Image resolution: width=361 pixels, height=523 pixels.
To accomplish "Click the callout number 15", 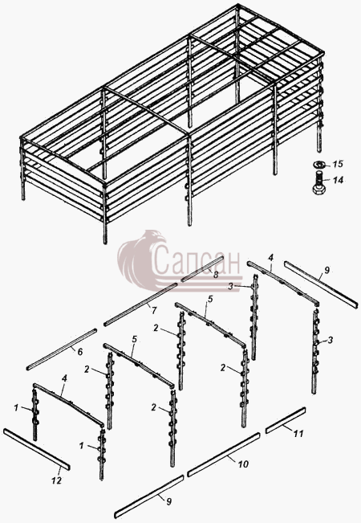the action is point(338,165).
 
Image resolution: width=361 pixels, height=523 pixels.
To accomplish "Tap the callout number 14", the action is point(338,181).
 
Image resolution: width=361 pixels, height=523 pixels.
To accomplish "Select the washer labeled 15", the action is point(320,165).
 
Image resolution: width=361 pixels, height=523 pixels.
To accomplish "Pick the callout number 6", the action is point(80,352).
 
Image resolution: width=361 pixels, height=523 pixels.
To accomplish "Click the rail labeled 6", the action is point(62,349).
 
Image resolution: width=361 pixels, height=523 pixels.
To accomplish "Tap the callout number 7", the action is point(153,311).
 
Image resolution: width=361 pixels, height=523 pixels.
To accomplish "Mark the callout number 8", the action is point(216,275).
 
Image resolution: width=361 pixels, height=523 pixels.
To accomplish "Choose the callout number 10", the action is point(243,464).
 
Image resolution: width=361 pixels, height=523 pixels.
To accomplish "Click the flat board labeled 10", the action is point(224,455).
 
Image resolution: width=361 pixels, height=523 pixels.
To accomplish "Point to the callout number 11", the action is point(298,433).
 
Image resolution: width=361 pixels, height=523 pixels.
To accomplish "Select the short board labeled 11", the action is point(286,420).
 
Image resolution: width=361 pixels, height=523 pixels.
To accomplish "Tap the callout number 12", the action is point(56,480).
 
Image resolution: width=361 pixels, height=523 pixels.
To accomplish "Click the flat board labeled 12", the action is point(37,449).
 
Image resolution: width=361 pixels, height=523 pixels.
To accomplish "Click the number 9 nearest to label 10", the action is point(169,501).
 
